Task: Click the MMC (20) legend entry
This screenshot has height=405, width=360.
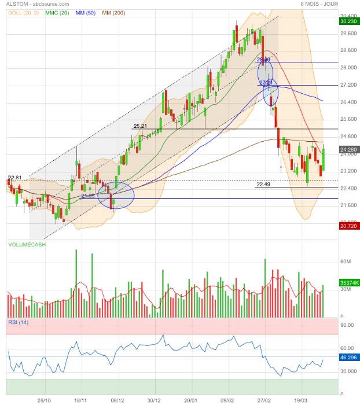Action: point(57,13)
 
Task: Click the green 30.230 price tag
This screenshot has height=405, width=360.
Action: point(348,21)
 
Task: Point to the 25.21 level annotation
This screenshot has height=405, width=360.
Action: point(141,126)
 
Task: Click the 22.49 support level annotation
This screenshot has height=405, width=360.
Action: point(263,185)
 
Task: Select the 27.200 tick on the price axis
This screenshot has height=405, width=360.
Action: point(348,85)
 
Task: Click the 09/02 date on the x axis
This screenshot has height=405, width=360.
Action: point(227,400)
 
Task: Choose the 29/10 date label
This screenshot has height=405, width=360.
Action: point(45,400)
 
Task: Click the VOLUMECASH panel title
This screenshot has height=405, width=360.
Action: point(28,245)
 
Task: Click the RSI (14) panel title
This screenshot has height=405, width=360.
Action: point(18,322)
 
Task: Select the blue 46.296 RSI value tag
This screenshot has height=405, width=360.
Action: point(348,358)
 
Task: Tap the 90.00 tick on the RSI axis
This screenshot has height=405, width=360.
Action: point(347,326)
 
